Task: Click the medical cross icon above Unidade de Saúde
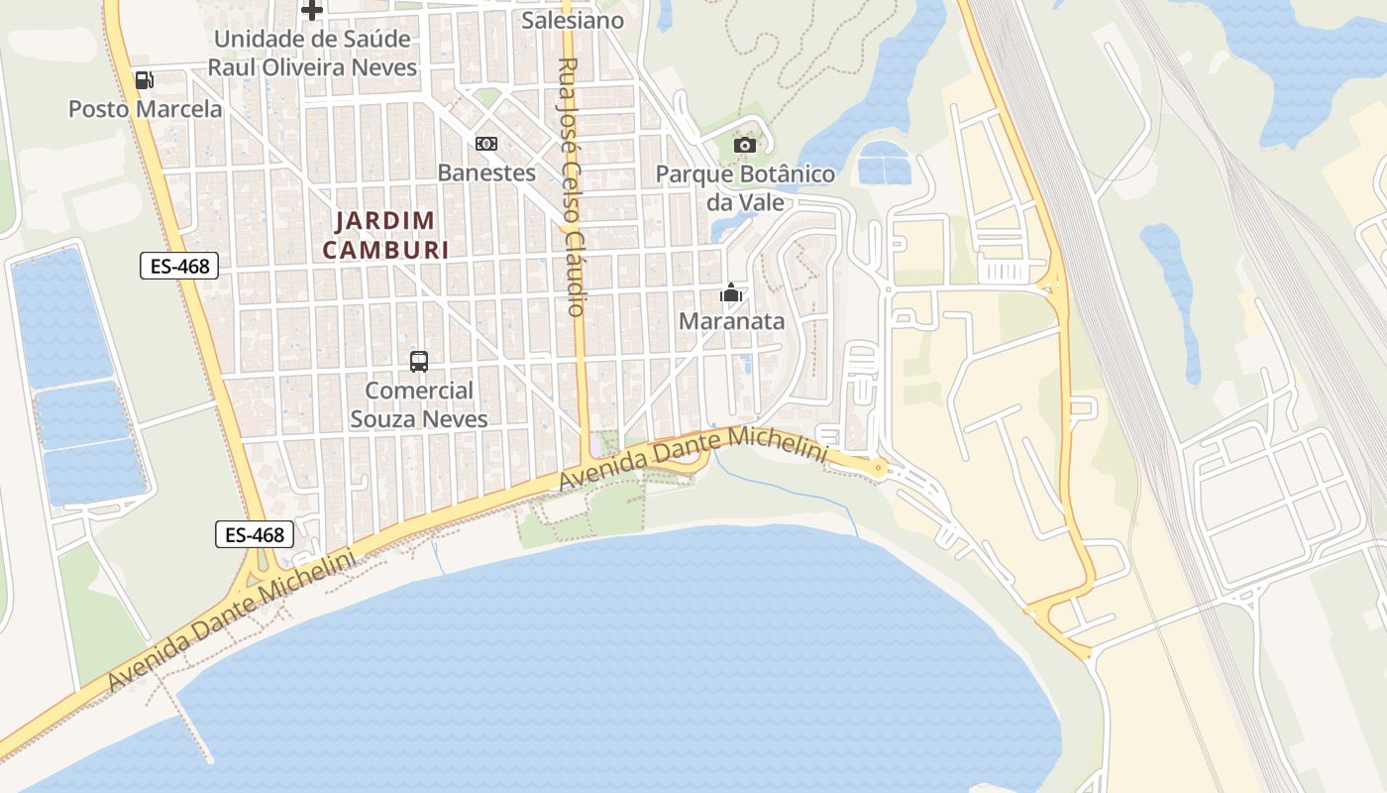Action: point(312,11)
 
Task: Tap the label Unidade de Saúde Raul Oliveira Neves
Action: point(312,54)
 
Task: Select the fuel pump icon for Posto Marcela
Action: point(145,80)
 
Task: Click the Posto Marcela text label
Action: point(145,109)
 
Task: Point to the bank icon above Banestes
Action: point(485,144)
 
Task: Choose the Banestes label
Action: point(486,172)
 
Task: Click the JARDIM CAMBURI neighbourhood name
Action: point(385,235)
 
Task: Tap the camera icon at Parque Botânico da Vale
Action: point(745,146)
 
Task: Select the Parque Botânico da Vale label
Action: point(745,188)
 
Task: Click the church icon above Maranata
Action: point(731,292)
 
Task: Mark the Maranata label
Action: point(731,321)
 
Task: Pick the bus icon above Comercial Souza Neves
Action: point(419,362)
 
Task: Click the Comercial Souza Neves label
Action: point(419,404)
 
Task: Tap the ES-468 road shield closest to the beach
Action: point(255,535)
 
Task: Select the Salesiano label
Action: point(573,20)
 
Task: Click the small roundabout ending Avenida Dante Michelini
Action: point(879,468)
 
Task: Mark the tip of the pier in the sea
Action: point(209,759)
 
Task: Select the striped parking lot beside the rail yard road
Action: point(1012,271)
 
